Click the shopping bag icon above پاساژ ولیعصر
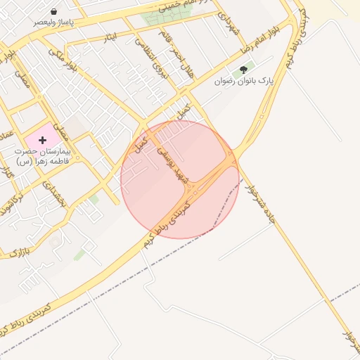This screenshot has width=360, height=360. [54, 12]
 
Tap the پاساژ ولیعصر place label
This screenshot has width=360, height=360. [54, 22]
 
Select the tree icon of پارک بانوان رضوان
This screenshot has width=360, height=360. [244, 70]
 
